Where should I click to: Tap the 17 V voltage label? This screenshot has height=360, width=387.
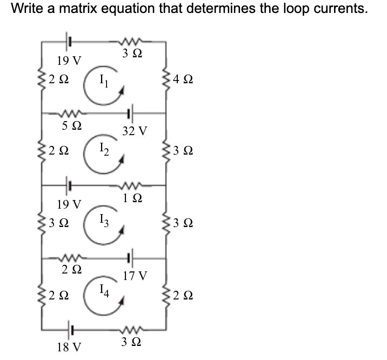(x=135, y=276)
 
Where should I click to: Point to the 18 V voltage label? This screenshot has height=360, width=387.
(x=69, y=346)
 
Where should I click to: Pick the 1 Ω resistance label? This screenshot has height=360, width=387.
(x=133, y=198)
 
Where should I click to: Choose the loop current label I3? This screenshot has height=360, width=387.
(x=104, y=221)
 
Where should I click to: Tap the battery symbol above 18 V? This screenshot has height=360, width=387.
(x=69, y=328)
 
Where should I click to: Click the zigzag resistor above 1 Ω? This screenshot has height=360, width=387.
(x=132, y=184)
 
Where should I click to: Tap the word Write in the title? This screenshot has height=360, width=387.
(x=26, y=9)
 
